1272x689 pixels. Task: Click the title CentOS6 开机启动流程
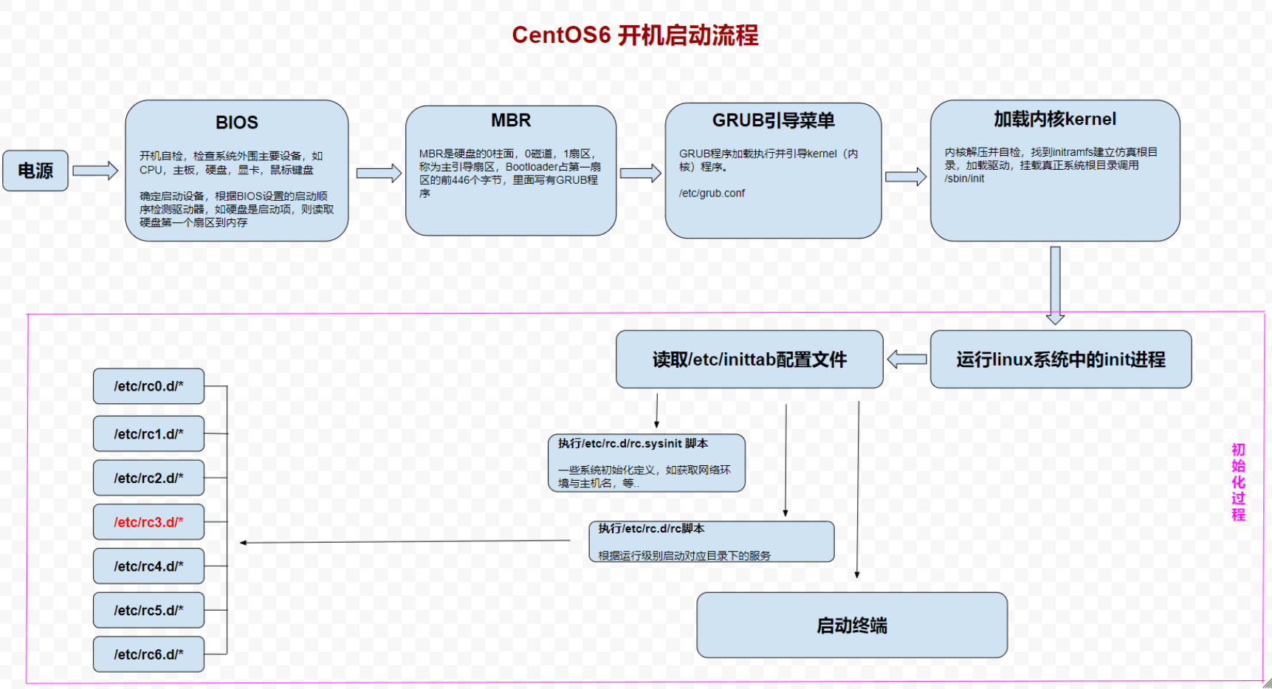point(635,35)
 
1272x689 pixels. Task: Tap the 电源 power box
point(35,171)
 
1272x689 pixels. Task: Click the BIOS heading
point(236,123)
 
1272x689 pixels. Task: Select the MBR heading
point(511,120)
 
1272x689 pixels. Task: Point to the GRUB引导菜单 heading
point(773,120)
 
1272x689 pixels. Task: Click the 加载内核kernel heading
point(1054,119)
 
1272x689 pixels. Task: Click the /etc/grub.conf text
point(712,193)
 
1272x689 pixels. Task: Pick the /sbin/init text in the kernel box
point(964,179)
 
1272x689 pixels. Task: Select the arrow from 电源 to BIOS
point(95,171)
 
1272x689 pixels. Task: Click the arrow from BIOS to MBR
point(379,173)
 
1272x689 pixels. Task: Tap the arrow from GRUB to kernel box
point(905,176)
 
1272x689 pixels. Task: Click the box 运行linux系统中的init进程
point(1060,360)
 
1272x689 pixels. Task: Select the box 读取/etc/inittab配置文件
point(749,360)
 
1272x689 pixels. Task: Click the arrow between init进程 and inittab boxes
point(907,360)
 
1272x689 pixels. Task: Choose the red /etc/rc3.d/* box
point(148,522)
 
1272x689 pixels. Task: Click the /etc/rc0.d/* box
point(148,386)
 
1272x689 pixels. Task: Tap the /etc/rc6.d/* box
point(148,654)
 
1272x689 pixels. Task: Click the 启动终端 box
point(851,625)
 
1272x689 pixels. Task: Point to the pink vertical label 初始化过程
point(1238,482)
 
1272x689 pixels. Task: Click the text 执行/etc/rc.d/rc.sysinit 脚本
point(633,444)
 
